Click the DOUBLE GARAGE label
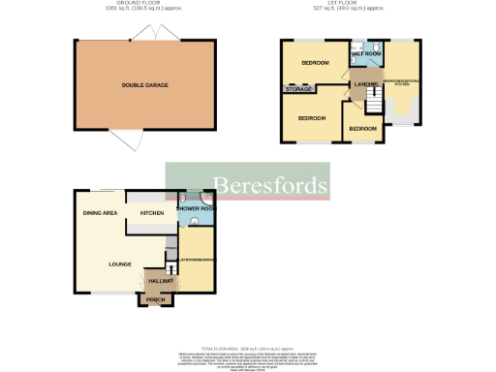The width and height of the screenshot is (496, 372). [x=144, y=85]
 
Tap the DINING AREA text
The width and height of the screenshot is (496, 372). [x=100, y=212]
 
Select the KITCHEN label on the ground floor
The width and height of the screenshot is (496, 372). [x=152, y=212]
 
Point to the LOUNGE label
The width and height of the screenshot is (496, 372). [x=120, y=262]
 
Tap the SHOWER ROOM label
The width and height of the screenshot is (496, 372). [x=195, y=208]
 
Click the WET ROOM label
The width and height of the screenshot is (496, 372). [x=365, y=53]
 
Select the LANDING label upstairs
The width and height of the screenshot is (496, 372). [x=366, y=84]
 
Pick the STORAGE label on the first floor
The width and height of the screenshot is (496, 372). [x=298, y=89]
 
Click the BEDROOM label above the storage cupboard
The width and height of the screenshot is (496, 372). [x=315, y=63]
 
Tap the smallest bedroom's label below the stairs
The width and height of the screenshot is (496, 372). [x=362, y=128]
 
